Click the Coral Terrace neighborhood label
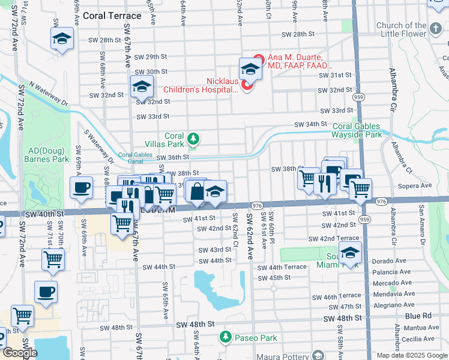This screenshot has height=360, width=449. (x=112, y=16)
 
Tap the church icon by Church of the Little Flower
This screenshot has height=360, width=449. (x=436, y=26)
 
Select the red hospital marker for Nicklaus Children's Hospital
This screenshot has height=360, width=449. (x=247, y=86)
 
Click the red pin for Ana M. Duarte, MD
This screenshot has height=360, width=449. (x=259, y=59)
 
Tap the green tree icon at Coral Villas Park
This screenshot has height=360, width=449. (x=193, y=139)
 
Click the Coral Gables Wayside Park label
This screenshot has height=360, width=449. (x=357, y=131)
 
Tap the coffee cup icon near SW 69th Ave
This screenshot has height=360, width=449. (x=81, y=187)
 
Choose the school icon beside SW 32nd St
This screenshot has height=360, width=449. (x=141, y=88)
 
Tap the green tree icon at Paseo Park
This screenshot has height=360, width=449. (x=226, y=338)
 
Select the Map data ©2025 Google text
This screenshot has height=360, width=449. (x=412, y=355)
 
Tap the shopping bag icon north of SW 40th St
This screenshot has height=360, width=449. (x=196, y=191)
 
